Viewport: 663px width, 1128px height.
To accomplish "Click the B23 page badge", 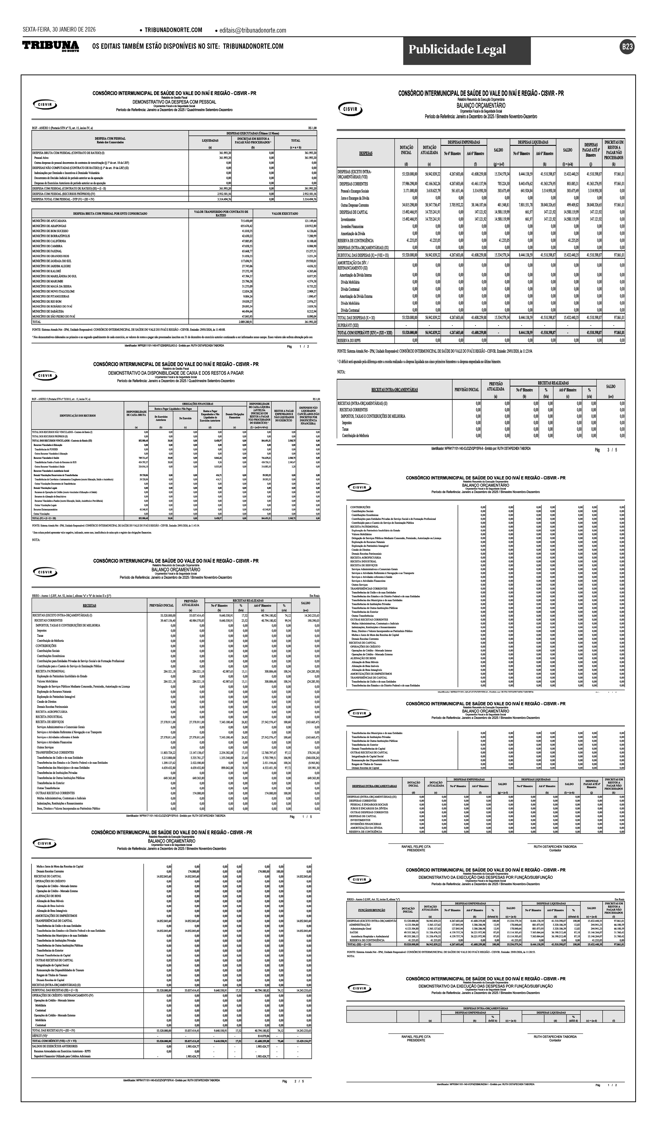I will point(627,47).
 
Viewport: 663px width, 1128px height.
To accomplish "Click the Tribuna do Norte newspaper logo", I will point(51,46).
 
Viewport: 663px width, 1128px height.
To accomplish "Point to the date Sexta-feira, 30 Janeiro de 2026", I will point(59,30).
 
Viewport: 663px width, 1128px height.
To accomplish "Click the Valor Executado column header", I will point(284,214).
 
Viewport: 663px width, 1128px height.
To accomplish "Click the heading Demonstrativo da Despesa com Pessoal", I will point(174,102).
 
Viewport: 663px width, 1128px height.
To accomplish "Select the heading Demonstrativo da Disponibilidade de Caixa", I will point(176,373).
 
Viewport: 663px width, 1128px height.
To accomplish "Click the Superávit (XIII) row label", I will point(348,325).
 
